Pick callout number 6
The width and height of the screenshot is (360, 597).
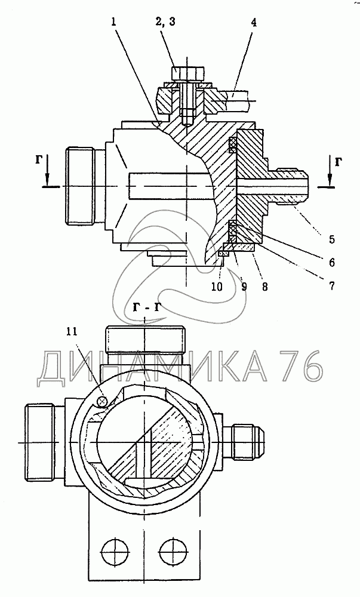332,261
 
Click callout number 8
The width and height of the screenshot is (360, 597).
264,286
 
